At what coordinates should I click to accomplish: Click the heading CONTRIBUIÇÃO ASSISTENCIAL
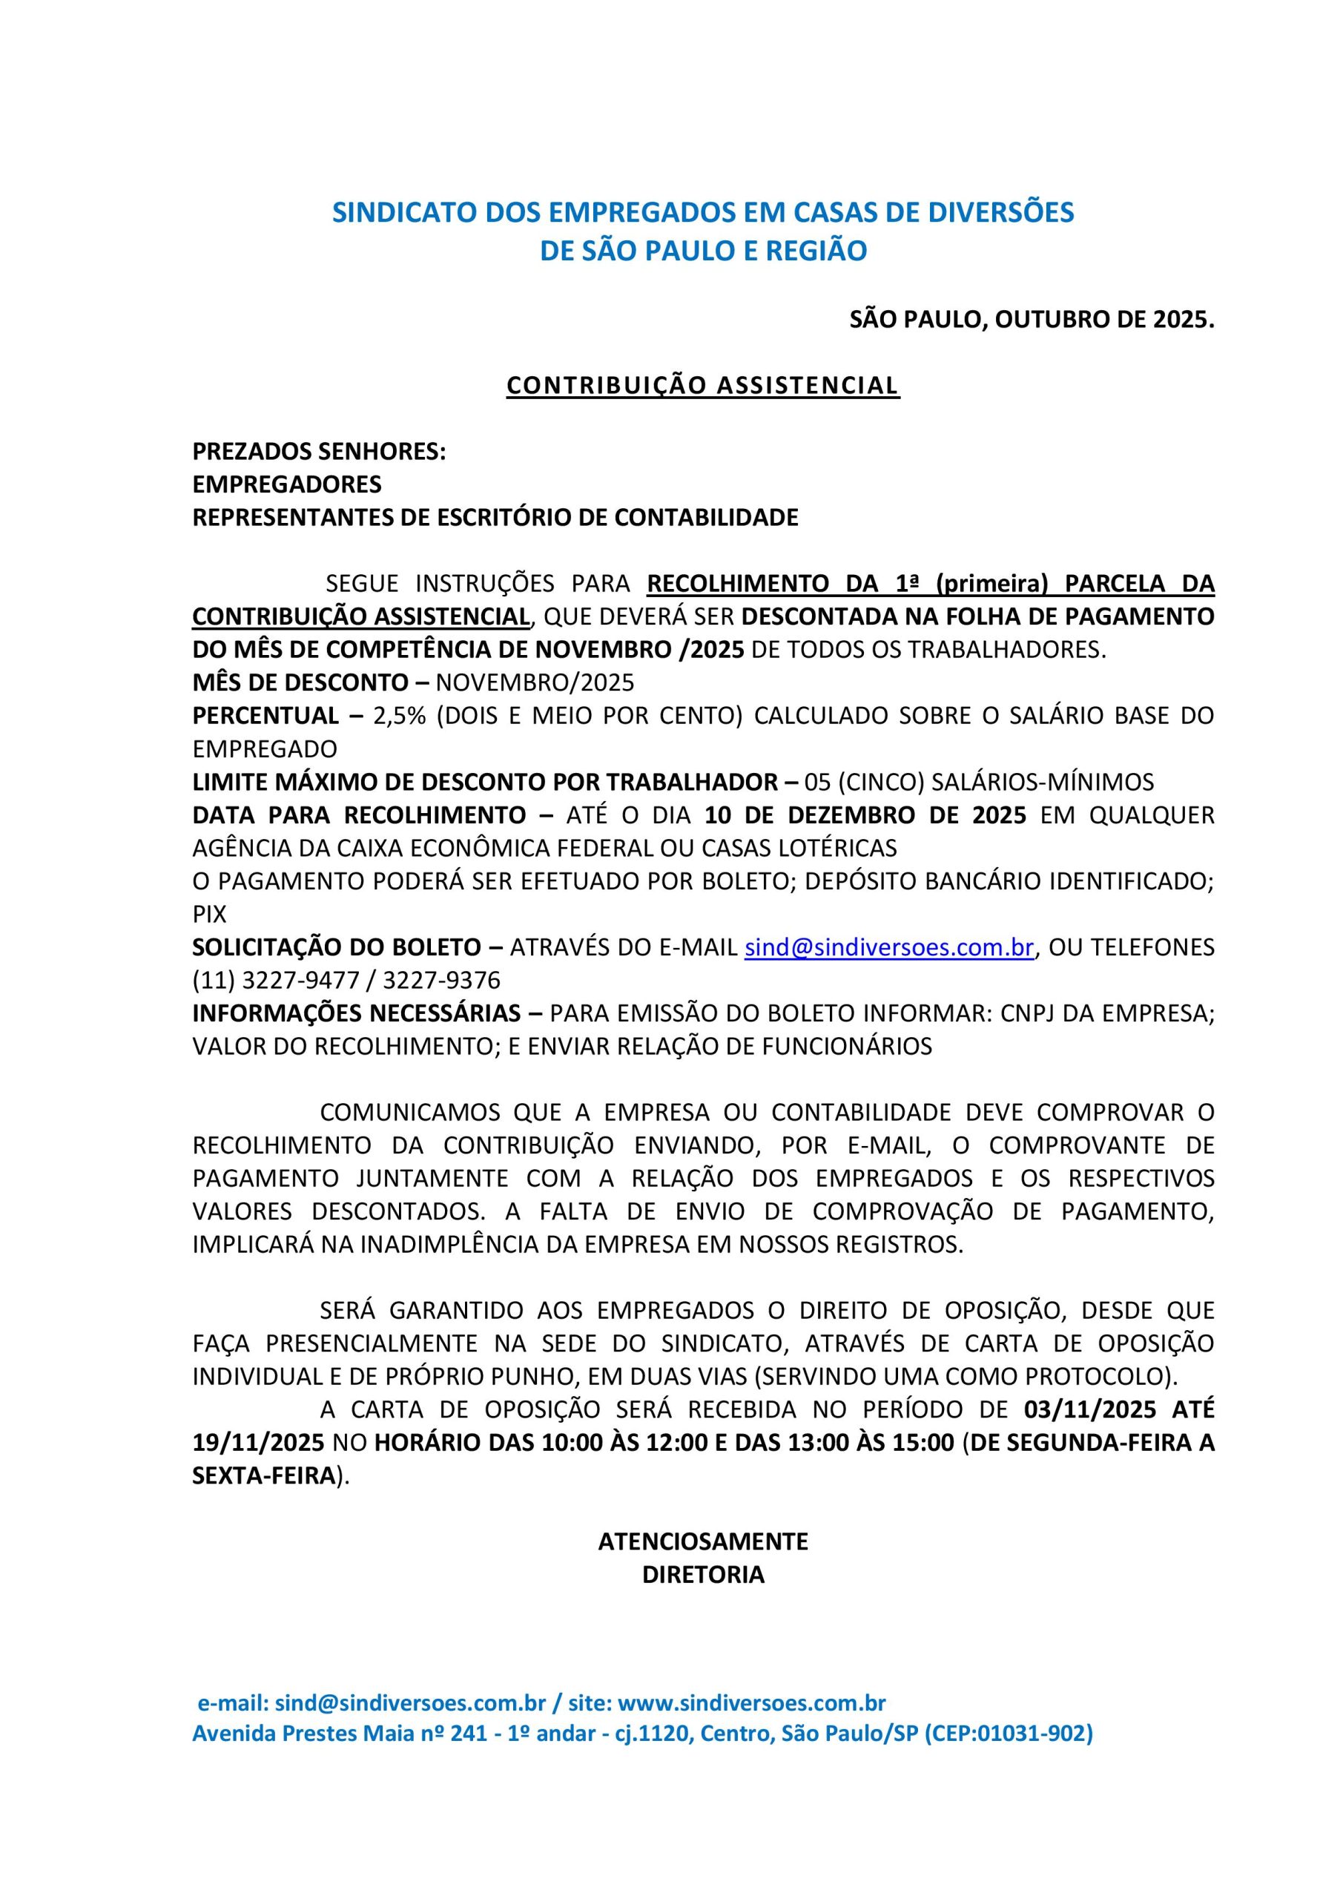click(x=703, y=386)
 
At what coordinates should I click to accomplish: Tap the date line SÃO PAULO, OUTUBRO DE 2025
click(x=1032, y=320)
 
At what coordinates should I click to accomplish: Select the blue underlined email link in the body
click(x=889, y=948)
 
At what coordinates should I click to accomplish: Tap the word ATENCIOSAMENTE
click(x=703, y=1541)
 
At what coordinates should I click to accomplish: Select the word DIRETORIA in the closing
click(x=703, y=1575)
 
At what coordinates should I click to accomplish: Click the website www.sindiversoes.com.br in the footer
click(x=752, y=1704)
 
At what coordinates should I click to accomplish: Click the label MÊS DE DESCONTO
click(x=300, y=683)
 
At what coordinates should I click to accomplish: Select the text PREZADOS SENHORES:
click(x=319, y=452)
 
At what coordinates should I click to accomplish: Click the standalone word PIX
click(x=209, y=915)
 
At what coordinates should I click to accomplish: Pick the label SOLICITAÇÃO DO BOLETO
click(x=337, y=948)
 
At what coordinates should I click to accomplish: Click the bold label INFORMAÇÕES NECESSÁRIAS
click(x=357, y=1014)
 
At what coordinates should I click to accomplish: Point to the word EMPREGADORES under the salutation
click(x=287, y=484)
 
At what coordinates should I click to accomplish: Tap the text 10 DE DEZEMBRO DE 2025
click(x=865, y=815)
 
